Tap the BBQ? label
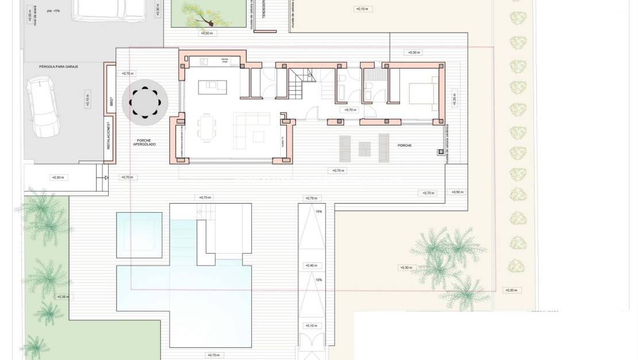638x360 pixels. [x=110, y=102]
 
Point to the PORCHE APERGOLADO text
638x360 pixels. [x=144, y=142]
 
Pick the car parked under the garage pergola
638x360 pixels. [x=45, y=106]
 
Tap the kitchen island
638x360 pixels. [x=212, y=87]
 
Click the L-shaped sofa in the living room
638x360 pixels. [x=252, y=127]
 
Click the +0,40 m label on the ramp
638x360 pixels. [x=312, y=265]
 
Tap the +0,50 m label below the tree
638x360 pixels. [x=207, y=33]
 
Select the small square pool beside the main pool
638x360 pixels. [x=139, y=235]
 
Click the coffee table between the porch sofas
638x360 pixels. [x=365, y=148]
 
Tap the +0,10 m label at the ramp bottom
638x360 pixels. [x=312, y=325]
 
